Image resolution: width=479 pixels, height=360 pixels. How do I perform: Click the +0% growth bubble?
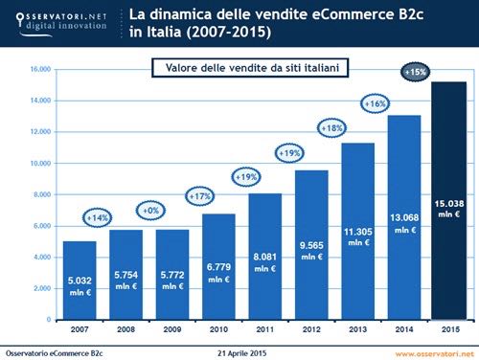[x=150, y=209]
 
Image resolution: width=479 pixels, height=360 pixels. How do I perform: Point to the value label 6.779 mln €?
[x=218, y=273]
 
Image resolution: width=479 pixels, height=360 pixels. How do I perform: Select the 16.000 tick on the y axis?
[x=38, y=69]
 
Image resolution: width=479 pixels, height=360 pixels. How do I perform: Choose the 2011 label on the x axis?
[x=264, y=330]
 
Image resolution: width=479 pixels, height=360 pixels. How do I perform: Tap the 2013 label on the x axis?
[x=355, y=330]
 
